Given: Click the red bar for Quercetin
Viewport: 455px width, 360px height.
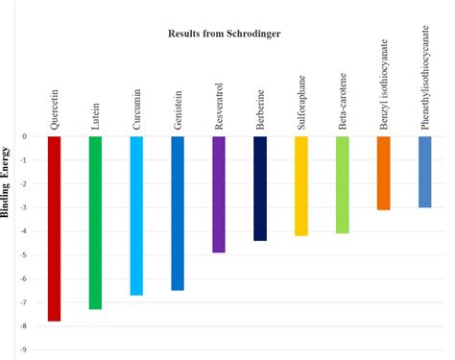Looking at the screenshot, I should [x=54, y=228].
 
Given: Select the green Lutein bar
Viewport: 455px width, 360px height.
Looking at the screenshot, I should [x=95, y=223].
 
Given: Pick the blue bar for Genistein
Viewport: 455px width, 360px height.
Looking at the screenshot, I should [x=178, y=213].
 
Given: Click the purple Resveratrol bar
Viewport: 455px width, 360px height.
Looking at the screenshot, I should [x=219, y=194].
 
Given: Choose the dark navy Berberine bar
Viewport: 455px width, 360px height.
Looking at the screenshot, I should [x=260, y=188].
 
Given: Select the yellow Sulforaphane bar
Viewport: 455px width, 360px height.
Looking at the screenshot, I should [x=301, y=185].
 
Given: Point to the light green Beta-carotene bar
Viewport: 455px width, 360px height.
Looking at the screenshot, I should [x=343, y=184].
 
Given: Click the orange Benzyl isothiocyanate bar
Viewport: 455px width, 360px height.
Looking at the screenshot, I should [x=384, y=173].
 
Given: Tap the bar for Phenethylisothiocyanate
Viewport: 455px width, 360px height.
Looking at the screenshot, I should [x=425, y=172].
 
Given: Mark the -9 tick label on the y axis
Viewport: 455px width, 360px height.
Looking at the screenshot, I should [x=24, y=350].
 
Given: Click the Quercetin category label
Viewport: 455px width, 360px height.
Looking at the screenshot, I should [x=54, y=109].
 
